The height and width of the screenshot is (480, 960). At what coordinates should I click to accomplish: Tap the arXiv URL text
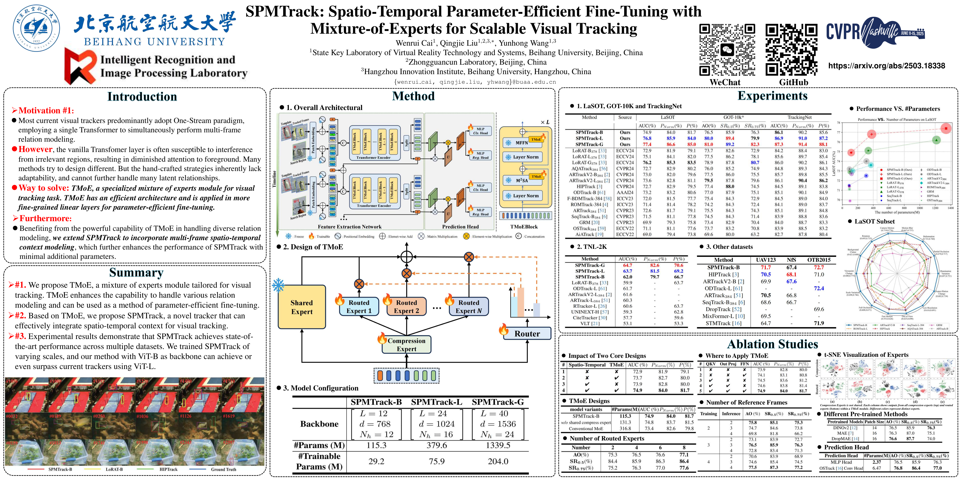click(886, 66)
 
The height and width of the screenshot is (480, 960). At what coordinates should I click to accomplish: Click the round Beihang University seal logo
click(36, 28)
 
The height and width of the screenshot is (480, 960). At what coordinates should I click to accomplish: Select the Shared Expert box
click(302, 307)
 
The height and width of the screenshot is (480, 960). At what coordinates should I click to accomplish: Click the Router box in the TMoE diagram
click(527, 334)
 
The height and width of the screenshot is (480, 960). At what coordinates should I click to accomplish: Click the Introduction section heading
click(142, 97)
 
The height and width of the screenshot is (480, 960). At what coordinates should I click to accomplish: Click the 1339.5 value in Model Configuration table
click(498, 445)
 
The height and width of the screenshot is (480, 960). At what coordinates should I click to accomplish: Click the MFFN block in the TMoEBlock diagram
click(522, 143)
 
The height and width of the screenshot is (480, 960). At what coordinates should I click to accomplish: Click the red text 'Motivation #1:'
click(46, 110)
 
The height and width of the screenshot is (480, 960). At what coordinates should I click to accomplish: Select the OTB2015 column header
click(819, 260)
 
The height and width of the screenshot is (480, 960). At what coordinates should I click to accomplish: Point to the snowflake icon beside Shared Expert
click(278, 285)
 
